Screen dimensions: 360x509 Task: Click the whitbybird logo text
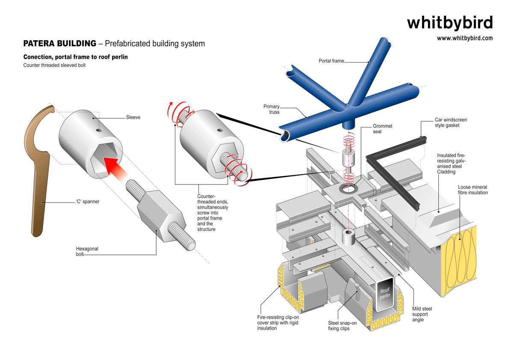(450, 22)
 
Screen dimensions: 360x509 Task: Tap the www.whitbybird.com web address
(465, 38)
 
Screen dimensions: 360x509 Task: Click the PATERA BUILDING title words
(59, 44)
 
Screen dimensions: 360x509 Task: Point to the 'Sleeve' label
(133, 117)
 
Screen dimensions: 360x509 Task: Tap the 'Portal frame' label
(331, 61)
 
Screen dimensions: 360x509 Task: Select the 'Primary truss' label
(272, 110)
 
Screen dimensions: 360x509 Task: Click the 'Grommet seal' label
(382, 129)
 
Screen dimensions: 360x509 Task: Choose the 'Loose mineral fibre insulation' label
(472, 190)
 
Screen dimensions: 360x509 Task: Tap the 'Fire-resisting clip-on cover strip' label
(278, 323)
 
